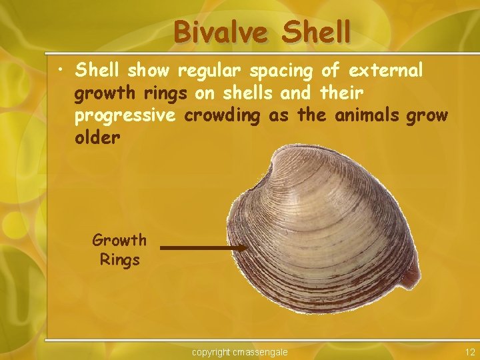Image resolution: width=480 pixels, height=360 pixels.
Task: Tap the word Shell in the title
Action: [x=314, y=31]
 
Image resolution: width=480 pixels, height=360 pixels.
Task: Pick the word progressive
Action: [x=125, y=116]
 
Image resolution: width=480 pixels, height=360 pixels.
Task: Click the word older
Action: [x=97, y=138]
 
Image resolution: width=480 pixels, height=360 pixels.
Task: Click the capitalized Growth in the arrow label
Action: [x=119, y=239]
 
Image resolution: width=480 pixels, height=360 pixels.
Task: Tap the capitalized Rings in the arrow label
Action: [x=119, y=259]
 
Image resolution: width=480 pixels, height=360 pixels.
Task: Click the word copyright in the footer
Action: [x=213, y=351]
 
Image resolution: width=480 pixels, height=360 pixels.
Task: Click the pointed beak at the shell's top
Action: [x=277, y=149]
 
